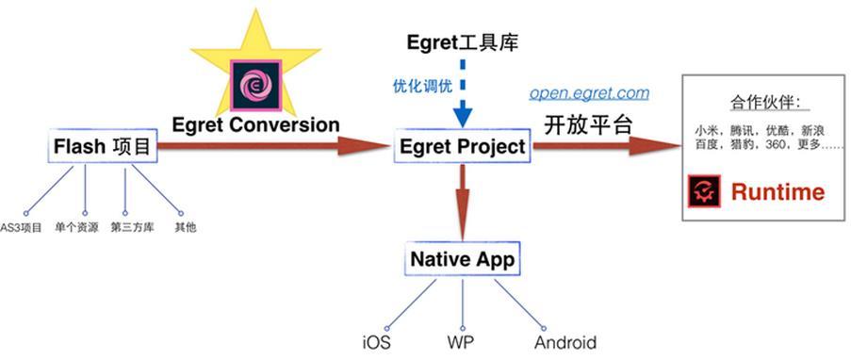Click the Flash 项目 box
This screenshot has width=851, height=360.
(102, 147)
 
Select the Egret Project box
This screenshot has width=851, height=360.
(462, 147)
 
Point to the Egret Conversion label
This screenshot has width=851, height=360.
(255, 123)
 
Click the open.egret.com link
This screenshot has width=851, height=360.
(589, 92)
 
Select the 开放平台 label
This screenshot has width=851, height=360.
(585, 123)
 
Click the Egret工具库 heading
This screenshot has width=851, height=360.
(462, 41)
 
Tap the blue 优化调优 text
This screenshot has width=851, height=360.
(422, 87)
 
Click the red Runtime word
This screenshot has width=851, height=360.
(777, 192)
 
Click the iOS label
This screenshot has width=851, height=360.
(375, 342)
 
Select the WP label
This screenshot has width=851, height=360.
(461, 342)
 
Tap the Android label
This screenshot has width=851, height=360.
(565, 342)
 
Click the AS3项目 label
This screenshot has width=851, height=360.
(21, 227)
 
